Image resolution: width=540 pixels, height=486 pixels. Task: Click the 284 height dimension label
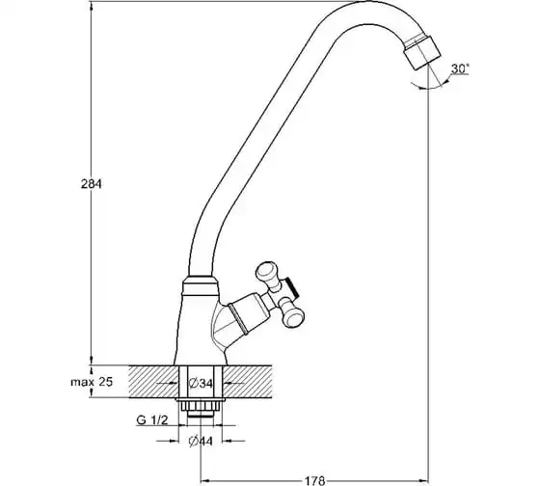tap(92, 184)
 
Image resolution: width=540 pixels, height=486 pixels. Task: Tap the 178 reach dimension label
tap(314, 480)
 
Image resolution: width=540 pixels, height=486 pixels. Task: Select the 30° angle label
tap(460, 68)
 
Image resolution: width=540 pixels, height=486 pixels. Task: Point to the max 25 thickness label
tap(92, 382)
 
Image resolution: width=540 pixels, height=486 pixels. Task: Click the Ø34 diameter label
tap(201, 383)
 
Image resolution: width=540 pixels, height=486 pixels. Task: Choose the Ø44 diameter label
tap(201, 442)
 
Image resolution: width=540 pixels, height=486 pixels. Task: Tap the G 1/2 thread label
tap(152, 420)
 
